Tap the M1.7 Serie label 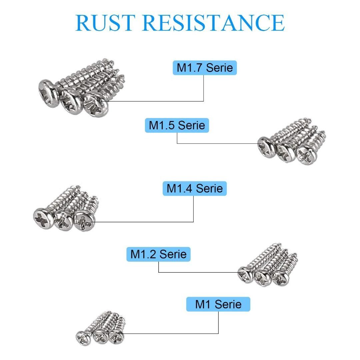click(x=205, y=68)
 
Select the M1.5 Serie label click(x=177, y=125)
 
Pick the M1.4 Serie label click(x=194, y=188)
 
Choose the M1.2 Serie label click(x=158, y=254)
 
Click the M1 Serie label click(x=218, y=304)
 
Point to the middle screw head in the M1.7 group click(x=71, y=100)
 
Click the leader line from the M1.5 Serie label click(x=217, y=144)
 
